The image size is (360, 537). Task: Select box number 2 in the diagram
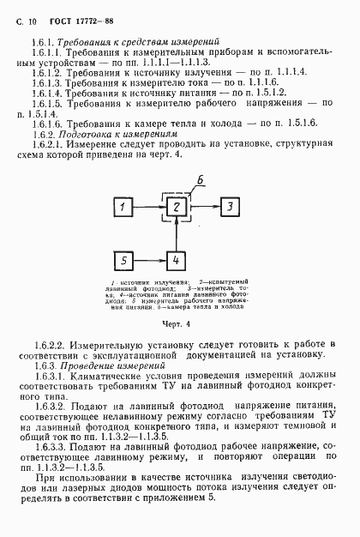point(175,208)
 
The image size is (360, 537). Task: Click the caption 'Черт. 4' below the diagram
point(177,325)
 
